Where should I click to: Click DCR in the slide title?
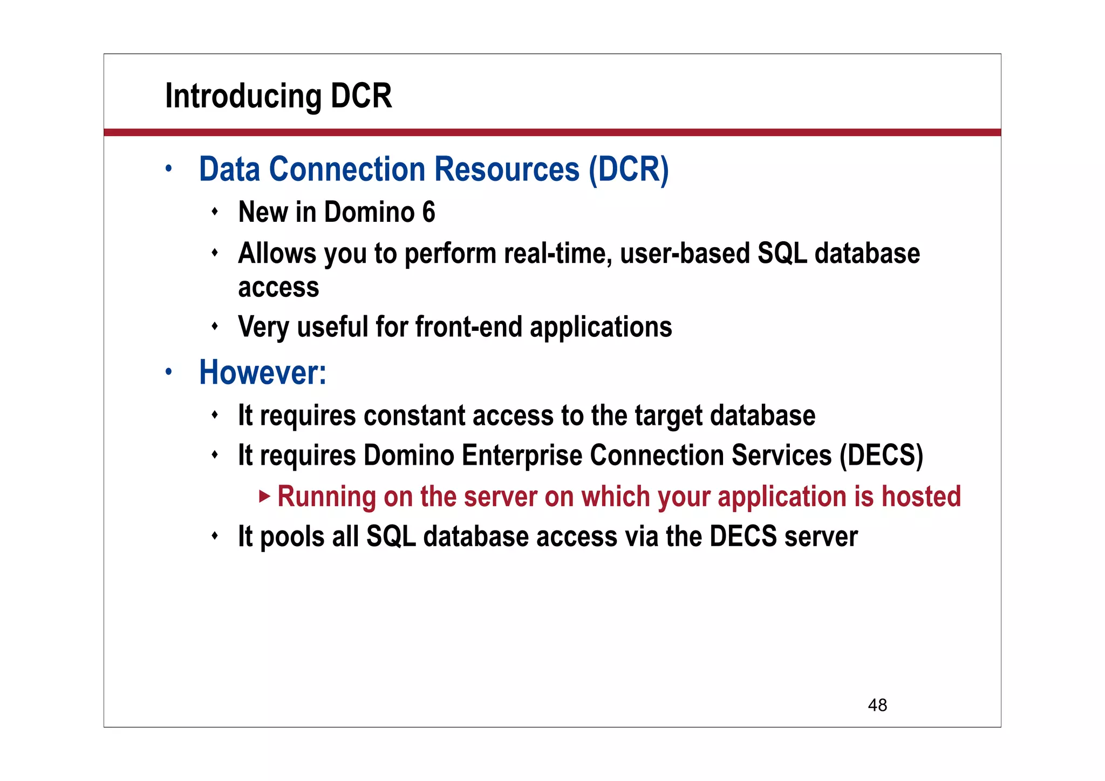[x=361, y=96]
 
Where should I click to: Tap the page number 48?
[x=877, y=705]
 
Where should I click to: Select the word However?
[x=263, y=372]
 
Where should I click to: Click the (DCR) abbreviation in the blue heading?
[x=629, y=169]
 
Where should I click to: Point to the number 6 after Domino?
[x=428, y=212]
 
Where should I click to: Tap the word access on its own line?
[x=278, y=287]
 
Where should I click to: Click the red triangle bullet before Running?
[x=264, y=496]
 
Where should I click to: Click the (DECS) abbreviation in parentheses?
[x=882, y=455]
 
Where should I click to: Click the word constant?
[x=414, y=416]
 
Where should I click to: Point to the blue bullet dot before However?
[x=169, y=371]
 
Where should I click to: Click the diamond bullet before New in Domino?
[x=215, y=211]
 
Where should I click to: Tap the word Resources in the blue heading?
[x=507, y=169]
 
